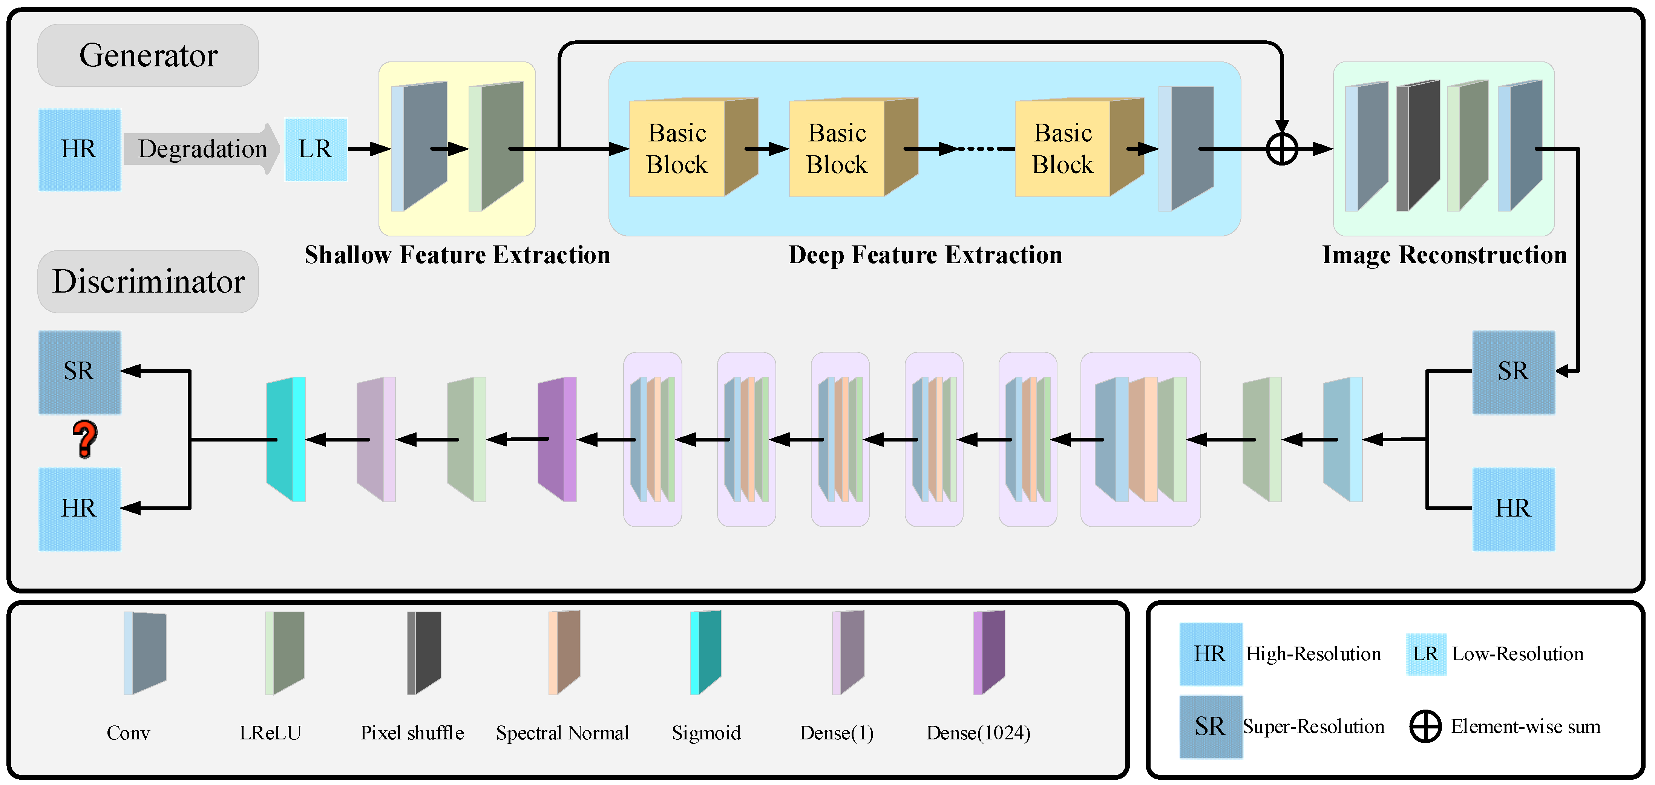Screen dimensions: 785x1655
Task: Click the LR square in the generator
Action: [x=316, y=149]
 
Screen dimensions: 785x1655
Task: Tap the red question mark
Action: [x=85, y=439]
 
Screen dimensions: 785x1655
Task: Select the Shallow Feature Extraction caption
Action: [x=457, y=255]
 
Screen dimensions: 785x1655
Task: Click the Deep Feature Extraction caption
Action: [x=925, y=255]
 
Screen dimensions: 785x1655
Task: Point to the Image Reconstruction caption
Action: [x=1444, y=255]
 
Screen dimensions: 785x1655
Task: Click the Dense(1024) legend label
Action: [x=978, y=733]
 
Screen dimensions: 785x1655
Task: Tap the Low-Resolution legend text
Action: [x=1517, y=654]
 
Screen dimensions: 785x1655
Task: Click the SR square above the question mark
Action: [x=79, y=372]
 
